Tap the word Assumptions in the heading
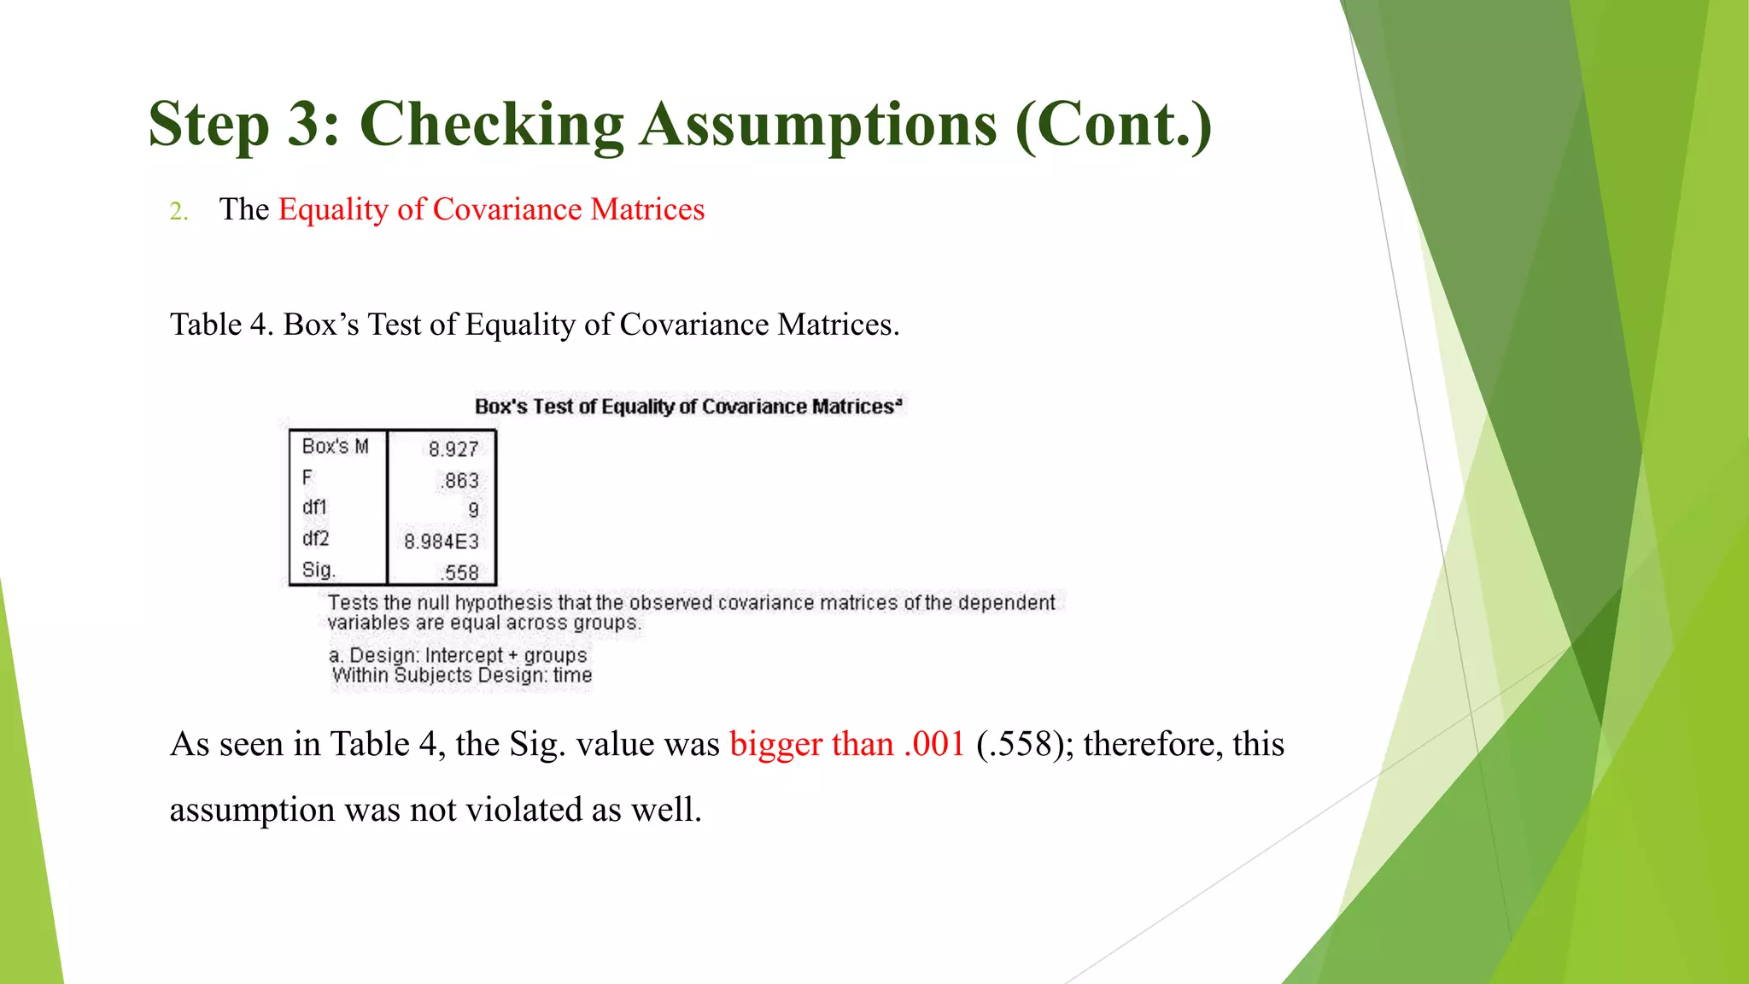tap(818, 125)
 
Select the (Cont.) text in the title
tap(1113, 125)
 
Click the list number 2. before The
tap(178, 211)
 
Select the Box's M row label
tap(335, 447)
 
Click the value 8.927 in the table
tap(453, 449)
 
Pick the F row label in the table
tap(307, 477)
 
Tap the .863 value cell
tap(460, 481)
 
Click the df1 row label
tap(314, 507)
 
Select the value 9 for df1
tap(473, 511)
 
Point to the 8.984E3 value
tap(442, 542)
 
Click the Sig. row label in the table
tap(319, 570)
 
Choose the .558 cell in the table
tap(460, 573)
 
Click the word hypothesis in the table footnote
tap(503, 603)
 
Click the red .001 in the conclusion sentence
tap(934, 744)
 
